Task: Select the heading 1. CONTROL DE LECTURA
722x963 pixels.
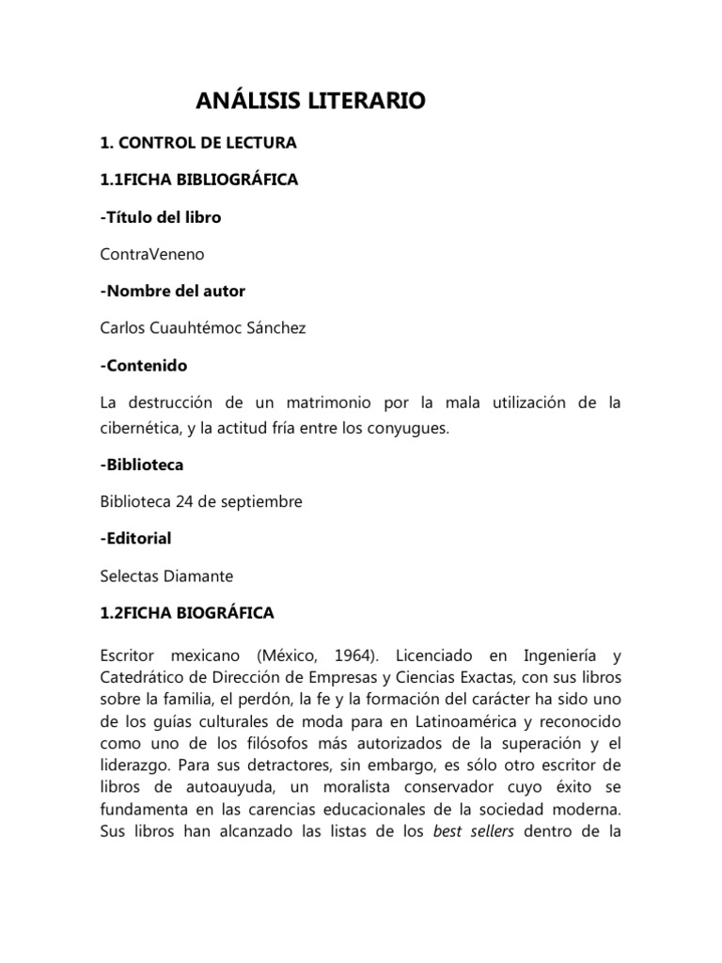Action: click(x=198, y=143)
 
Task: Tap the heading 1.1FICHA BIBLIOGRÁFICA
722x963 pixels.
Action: click(x=199, y=180)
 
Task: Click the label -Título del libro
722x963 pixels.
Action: click(x=161, y=216)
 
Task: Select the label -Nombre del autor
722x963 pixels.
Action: click(x=173, y=291)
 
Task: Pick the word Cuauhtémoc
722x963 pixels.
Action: click(x=200, y=327)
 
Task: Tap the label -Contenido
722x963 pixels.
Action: click(x=144, y=364)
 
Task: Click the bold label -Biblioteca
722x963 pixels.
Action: click(x=142, y=465)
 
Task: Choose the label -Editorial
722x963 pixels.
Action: click(x=135, y=539)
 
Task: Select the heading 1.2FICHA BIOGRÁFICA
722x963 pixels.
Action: click(x=187, y=612)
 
